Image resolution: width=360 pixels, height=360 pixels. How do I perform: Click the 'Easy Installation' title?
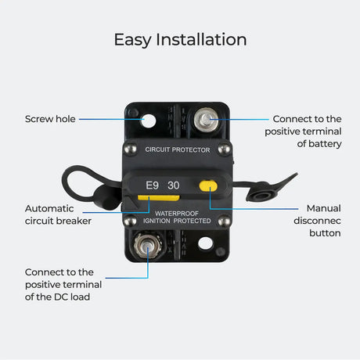[x=180, y=39]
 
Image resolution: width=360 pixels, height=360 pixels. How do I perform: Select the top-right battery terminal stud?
[x=207, y=120]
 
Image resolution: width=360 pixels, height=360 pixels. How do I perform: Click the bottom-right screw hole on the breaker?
[x=205, y=243]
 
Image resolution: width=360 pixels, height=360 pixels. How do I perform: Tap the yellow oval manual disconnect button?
[x=208, y=186]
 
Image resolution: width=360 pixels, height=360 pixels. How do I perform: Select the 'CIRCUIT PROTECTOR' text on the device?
[x=178, y=149]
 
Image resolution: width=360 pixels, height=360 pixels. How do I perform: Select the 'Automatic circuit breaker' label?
[x=58, y=214]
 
